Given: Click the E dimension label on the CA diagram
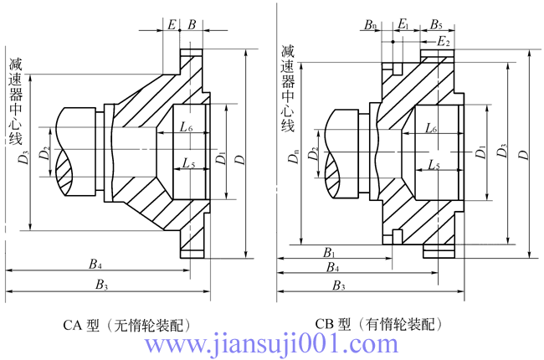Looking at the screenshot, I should coord(172,24).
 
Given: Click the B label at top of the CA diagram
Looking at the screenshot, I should coord(192,24).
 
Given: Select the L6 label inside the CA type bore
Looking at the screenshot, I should coord(187,128).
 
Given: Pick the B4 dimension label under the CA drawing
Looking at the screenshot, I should coord(96,265).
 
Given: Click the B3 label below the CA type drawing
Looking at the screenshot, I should coord(102,285).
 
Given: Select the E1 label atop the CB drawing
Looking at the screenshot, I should coord(403,24).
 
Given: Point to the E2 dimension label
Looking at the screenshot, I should coord(444,41).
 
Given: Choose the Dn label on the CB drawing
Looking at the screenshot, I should coord(292,157).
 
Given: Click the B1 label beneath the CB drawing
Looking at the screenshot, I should coord(330,252).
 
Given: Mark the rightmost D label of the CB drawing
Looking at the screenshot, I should coord(524,155).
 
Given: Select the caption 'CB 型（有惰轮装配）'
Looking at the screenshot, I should coord(377,323).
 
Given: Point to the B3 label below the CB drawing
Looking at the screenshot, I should coord(338,285).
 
